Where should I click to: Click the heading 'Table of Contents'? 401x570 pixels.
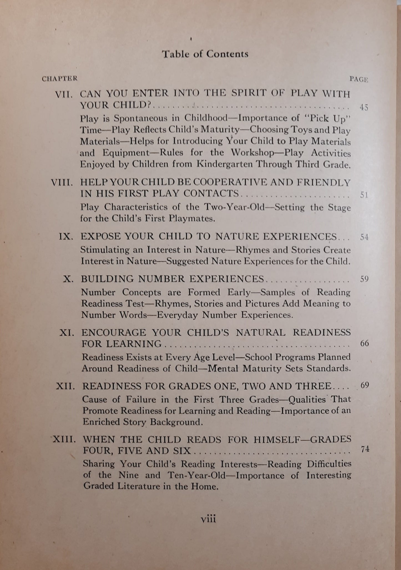(x=205, y=54)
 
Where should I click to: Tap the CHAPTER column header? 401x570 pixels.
(x=60, y=79)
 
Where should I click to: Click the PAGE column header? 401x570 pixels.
(x=359, y=79)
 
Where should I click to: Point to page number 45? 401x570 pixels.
(x=364, y=107)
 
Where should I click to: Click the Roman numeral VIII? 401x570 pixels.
(x=62, y=183)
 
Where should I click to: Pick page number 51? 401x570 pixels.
(x=364, y=195)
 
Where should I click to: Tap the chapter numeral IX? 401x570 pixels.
(x=66, y=237)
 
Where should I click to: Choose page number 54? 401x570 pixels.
(x=364, y=237)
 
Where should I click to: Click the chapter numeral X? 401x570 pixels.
(x=69, y=279)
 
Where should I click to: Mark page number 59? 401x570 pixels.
(x=364, y=279)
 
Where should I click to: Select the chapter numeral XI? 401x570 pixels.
(x=67, y=333)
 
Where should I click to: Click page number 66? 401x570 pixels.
(x=364, y=343)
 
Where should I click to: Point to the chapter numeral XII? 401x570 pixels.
(x=65, y=386)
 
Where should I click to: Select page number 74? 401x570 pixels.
(x=365, y=449)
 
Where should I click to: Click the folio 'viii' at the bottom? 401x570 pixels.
(x=208, y=519)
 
